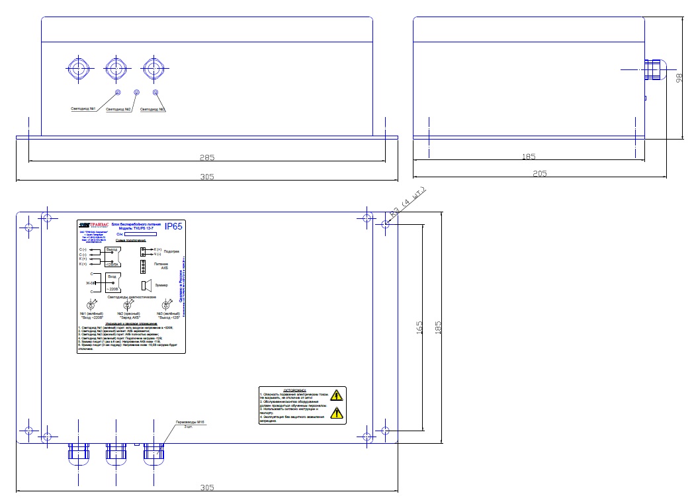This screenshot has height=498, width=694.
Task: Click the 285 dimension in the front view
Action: point(207,158)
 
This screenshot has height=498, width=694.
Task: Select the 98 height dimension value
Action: point(679,78)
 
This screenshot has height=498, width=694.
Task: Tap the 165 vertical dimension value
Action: point(419,327)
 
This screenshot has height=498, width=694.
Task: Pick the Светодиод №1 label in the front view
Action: point(84,108)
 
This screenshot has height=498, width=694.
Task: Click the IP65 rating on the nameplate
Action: point(173,227)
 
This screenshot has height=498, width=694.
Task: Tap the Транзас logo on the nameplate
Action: point(92,225)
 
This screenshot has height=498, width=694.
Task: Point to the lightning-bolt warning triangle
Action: point(337,396)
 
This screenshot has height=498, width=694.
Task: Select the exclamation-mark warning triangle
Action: point(337,414)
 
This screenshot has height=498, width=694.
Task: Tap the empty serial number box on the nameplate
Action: point(140,233)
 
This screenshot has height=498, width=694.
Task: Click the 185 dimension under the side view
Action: point(528,157)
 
